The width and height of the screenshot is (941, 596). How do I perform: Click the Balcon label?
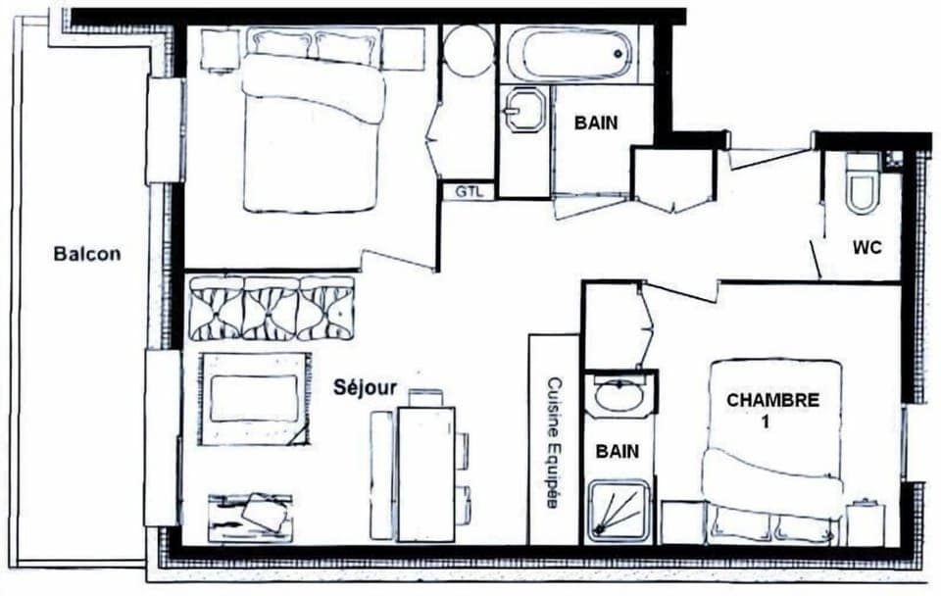[x=87, y=254]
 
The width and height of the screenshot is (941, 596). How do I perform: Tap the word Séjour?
[x=364, y=387]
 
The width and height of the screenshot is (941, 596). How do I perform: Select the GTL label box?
[x=469, y=192]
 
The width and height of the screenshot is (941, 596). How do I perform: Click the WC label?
[x=867, y=248]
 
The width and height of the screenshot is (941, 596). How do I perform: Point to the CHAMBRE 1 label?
[x=772, y=410]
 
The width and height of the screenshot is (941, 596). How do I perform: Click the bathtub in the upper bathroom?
[x=569, y=55]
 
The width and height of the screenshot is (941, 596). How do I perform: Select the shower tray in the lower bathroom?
[x=619, y=510]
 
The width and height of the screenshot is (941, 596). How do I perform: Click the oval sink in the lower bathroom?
[x=619, y=395]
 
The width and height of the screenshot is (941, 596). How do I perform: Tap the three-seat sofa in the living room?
[x=272, y=308]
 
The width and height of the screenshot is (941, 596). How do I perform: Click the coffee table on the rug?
[x=254, y=398]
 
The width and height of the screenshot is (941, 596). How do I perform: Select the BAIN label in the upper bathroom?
[x=597, y=123]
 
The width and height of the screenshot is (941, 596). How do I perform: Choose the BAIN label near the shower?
[x=618, y=452]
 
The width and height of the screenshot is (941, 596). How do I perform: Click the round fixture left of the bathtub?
[x=469, y=50]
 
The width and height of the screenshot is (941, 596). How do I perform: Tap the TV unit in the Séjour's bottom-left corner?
[x=251, y=516]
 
